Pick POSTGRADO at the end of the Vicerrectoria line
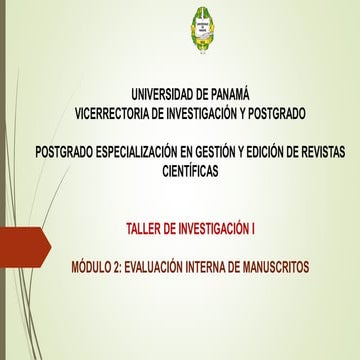point(297,111)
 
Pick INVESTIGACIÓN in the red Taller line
point(209,229)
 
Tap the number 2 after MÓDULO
point(128,266)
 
